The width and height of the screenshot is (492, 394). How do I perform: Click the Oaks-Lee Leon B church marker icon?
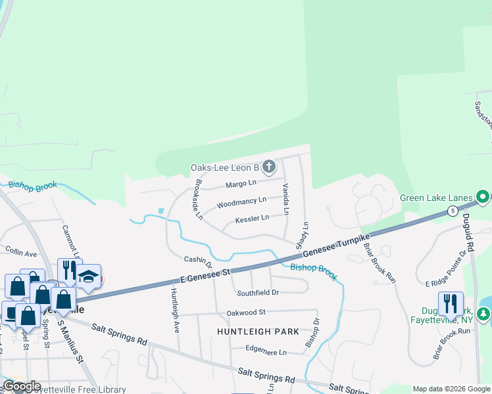268,167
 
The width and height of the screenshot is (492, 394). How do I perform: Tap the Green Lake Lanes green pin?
483,197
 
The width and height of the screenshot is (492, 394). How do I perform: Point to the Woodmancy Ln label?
241,201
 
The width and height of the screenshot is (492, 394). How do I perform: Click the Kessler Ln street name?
252,217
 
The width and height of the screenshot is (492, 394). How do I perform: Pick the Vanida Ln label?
286,199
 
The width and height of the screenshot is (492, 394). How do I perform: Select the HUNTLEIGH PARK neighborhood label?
258,332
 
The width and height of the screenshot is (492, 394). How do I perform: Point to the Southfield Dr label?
258,292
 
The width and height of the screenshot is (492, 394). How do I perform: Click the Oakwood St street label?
245,313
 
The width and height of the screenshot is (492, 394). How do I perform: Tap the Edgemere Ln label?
266,352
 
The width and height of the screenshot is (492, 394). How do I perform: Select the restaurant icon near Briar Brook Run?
451,303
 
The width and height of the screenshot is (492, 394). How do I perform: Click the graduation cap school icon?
88,276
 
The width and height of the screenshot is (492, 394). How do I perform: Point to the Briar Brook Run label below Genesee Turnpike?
380,263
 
